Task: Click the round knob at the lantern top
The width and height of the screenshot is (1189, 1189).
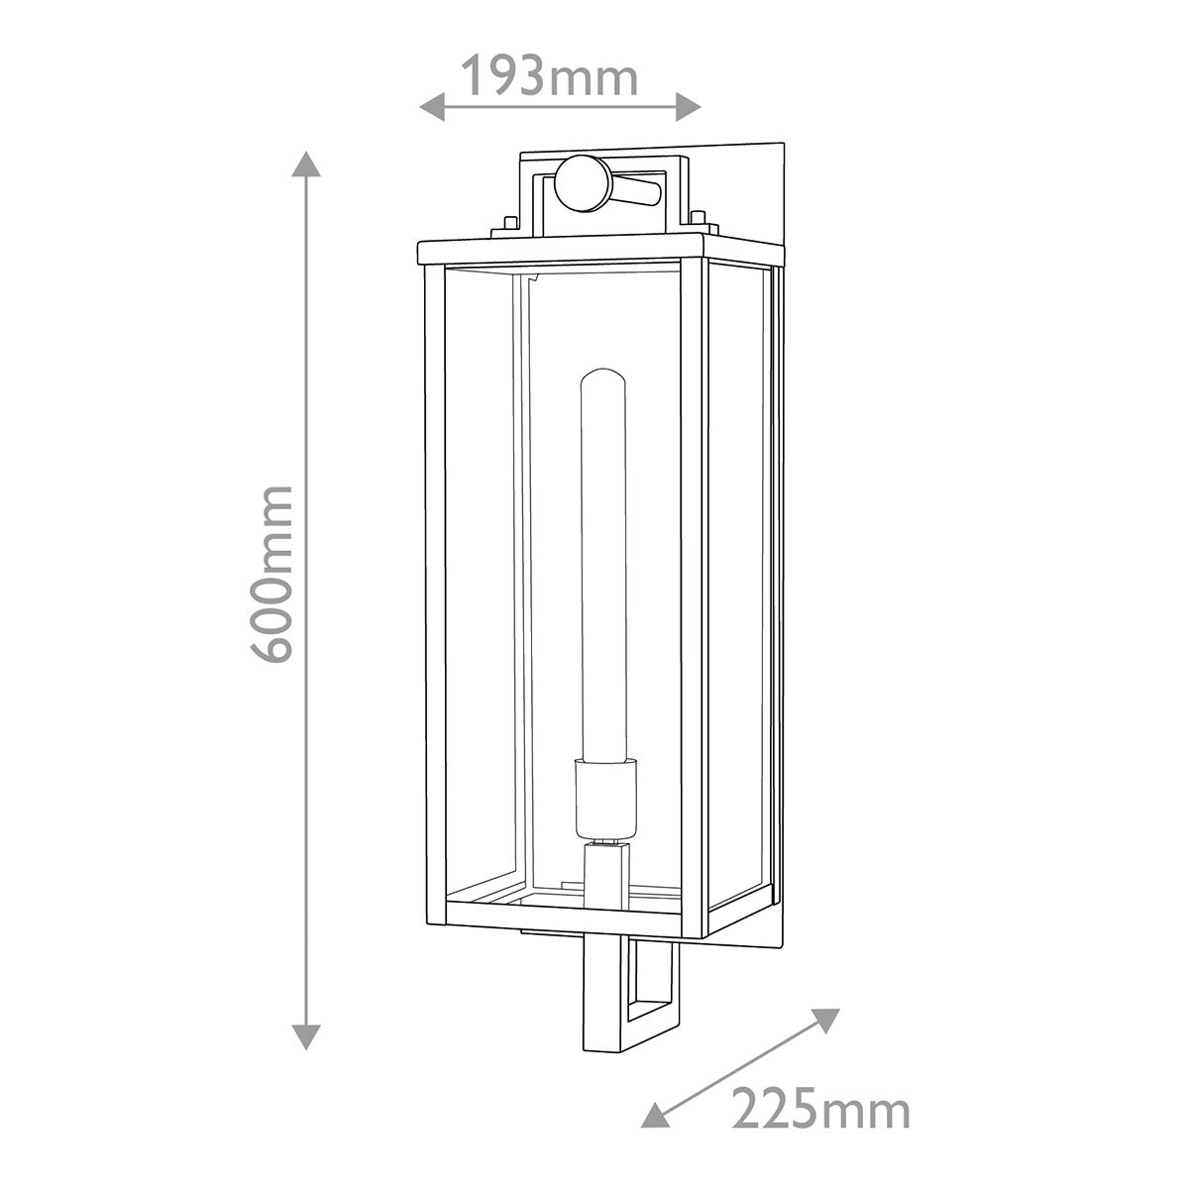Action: [x=583, y=184]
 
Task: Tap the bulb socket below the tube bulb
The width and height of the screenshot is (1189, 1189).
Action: [x=603, y=799]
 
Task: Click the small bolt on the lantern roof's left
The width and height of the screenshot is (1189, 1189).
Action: [x=505, y=223]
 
